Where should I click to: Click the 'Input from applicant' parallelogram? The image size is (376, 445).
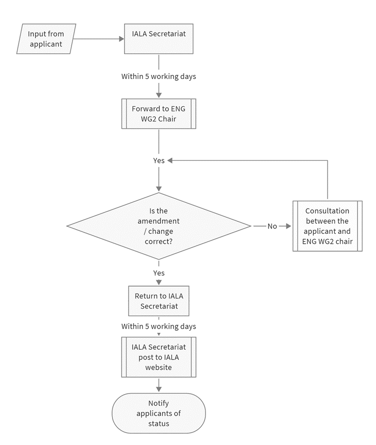[46, 38]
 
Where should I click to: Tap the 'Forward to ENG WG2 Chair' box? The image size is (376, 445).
[158, 113]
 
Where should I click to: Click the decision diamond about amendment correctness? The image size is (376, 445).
[158, 226]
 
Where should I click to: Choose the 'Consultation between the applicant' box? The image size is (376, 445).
[327, 226]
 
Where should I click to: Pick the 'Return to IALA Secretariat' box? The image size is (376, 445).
[158, 301]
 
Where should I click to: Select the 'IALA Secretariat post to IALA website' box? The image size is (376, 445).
[158, 357]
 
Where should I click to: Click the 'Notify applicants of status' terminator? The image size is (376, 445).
[158, 413]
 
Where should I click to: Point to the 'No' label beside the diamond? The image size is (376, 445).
[272, 226]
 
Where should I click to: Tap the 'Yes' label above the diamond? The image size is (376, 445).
[158, 161]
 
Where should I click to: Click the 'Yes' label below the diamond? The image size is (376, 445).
[158, 273]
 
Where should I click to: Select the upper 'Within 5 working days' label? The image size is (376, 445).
[158, 77]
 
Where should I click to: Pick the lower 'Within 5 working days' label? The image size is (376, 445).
[158, 327]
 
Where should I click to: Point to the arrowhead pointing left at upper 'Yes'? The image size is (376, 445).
[170, 161]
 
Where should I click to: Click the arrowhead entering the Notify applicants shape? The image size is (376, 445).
[158, 389]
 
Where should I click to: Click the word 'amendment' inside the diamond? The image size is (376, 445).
[158, 221]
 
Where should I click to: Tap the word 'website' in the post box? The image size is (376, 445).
[158, 367]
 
